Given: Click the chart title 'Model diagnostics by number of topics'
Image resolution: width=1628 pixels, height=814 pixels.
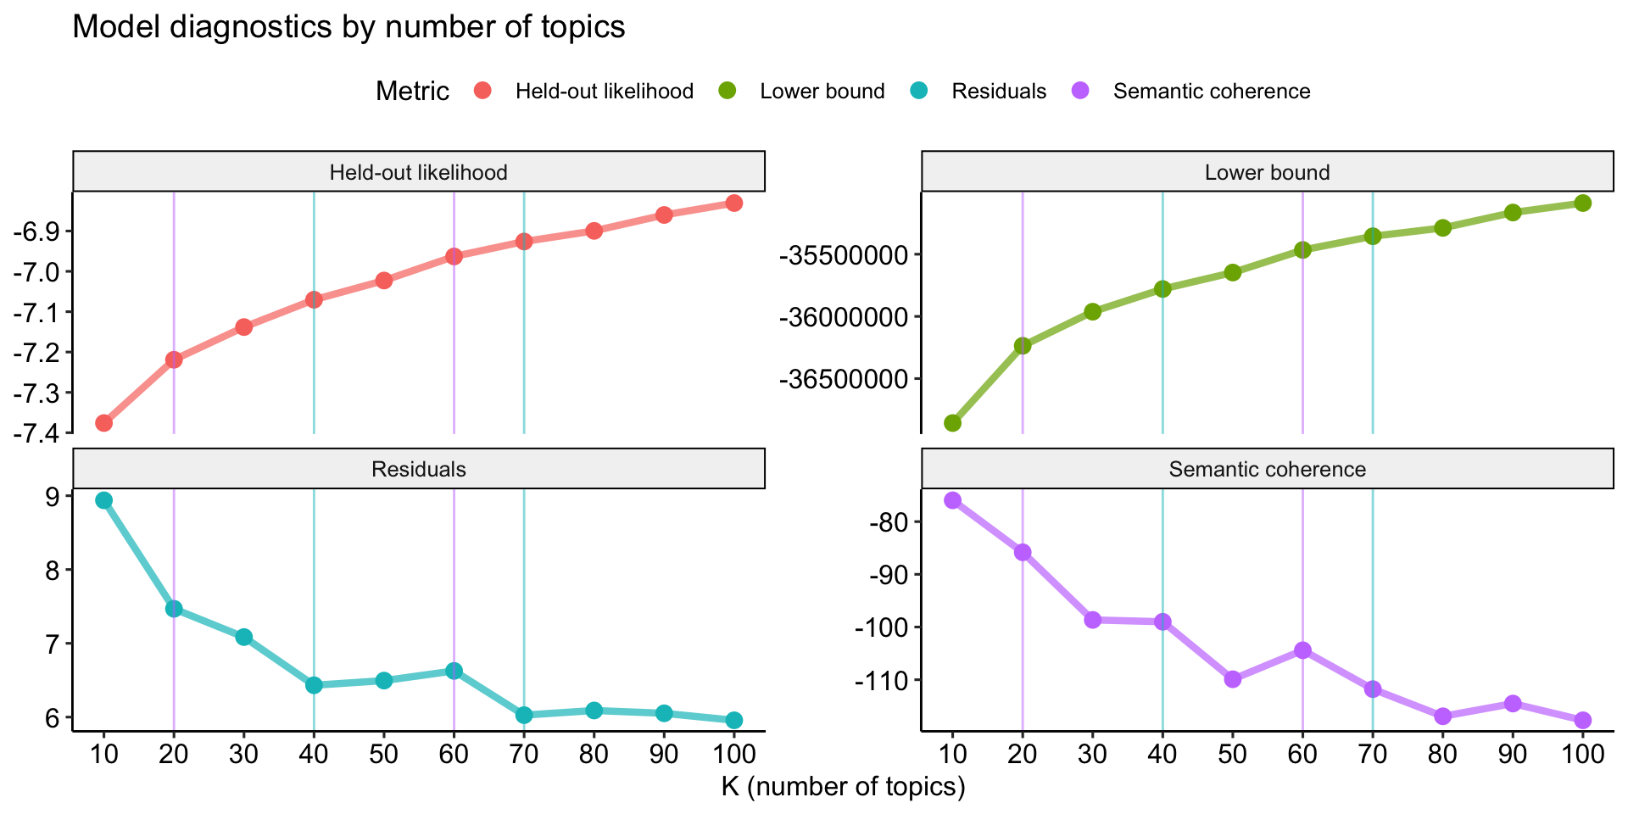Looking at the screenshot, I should point(348,27).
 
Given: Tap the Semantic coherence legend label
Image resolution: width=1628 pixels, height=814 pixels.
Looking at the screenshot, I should point(1212,92).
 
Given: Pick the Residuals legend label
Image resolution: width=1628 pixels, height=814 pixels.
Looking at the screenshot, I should point(999,92).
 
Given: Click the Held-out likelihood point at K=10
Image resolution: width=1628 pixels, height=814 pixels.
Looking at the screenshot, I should point(104,423).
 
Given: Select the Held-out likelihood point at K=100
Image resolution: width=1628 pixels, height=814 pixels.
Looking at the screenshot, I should point(734,203).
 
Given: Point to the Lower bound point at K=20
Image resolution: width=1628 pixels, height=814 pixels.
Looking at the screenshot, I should point(1023,345).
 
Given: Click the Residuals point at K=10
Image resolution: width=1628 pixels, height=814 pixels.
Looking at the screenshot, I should point(104,500).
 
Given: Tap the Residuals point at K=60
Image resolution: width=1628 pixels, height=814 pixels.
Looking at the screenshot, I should point(454,671).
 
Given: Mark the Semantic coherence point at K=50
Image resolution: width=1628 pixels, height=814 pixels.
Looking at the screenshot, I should point(1233,679).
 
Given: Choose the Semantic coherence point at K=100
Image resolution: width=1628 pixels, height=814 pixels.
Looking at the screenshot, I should point(1582,720).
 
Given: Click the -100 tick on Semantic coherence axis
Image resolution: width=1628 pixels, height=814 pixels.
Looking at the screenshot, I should point(882,628).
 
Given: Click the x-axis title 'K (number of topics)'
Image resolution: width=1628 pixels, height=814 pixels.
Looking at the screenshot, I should point(843,788).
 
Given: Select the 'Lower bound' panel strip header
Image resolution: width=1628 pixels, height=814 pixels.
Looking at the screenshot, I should point(1267,173).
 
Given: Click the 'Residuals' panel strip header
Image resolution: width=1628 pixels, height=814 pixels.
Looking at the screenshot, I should point(419,470).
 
